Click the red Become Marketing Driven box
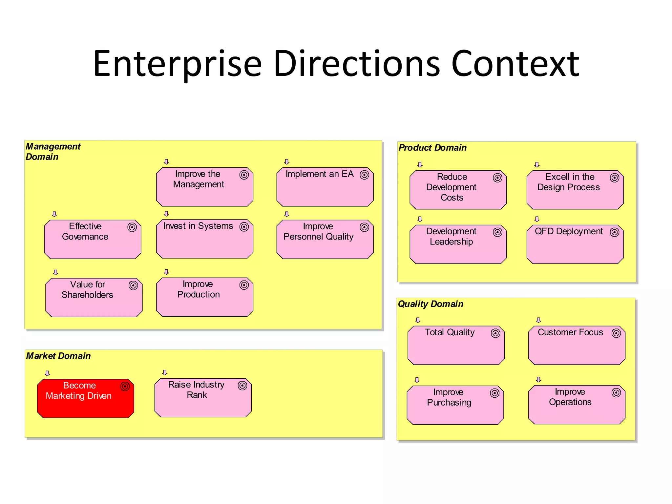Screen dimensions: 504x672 coord(85,398)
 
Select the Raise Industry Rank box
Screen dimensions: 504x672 coord(203,398)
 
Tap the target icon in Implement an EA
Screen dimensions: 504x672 coord(364,175)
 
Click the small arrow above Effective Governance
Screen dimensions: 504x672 coord(54,214)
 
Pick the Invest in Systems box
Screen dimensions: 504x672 coord(204,239)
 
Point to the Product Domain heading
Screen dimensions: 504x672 coord(432,148)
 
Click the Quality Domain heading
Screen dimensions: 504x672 coord(430,304)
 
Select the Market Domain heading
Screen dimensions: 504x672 coord(58,356)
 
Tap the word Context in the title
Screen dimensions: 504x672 coord(515,64)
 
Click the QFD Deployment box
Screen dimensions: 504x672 coord(575,244)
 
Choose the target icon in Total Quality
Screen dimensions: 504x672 coord(495,333)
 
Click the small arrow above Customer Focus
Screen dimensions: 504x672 coord(538,320)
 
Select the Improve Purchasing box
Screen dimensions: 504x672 coord(455,405)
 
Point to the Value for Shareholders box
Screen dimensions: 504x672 coord(94,297)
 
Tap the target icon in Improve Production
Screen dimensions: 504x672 coord(244,285)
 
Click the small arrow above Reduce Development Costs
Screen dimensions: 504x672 coord(420,165)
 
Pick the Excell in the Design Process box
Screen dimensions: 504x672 coord(575,190)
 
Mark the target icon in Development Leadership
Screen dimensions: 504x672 coord(497,232)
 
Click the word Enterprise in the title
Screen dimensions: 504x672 coord(177,64)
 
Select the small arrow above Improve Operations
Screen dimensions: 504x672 coord(538,380)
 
